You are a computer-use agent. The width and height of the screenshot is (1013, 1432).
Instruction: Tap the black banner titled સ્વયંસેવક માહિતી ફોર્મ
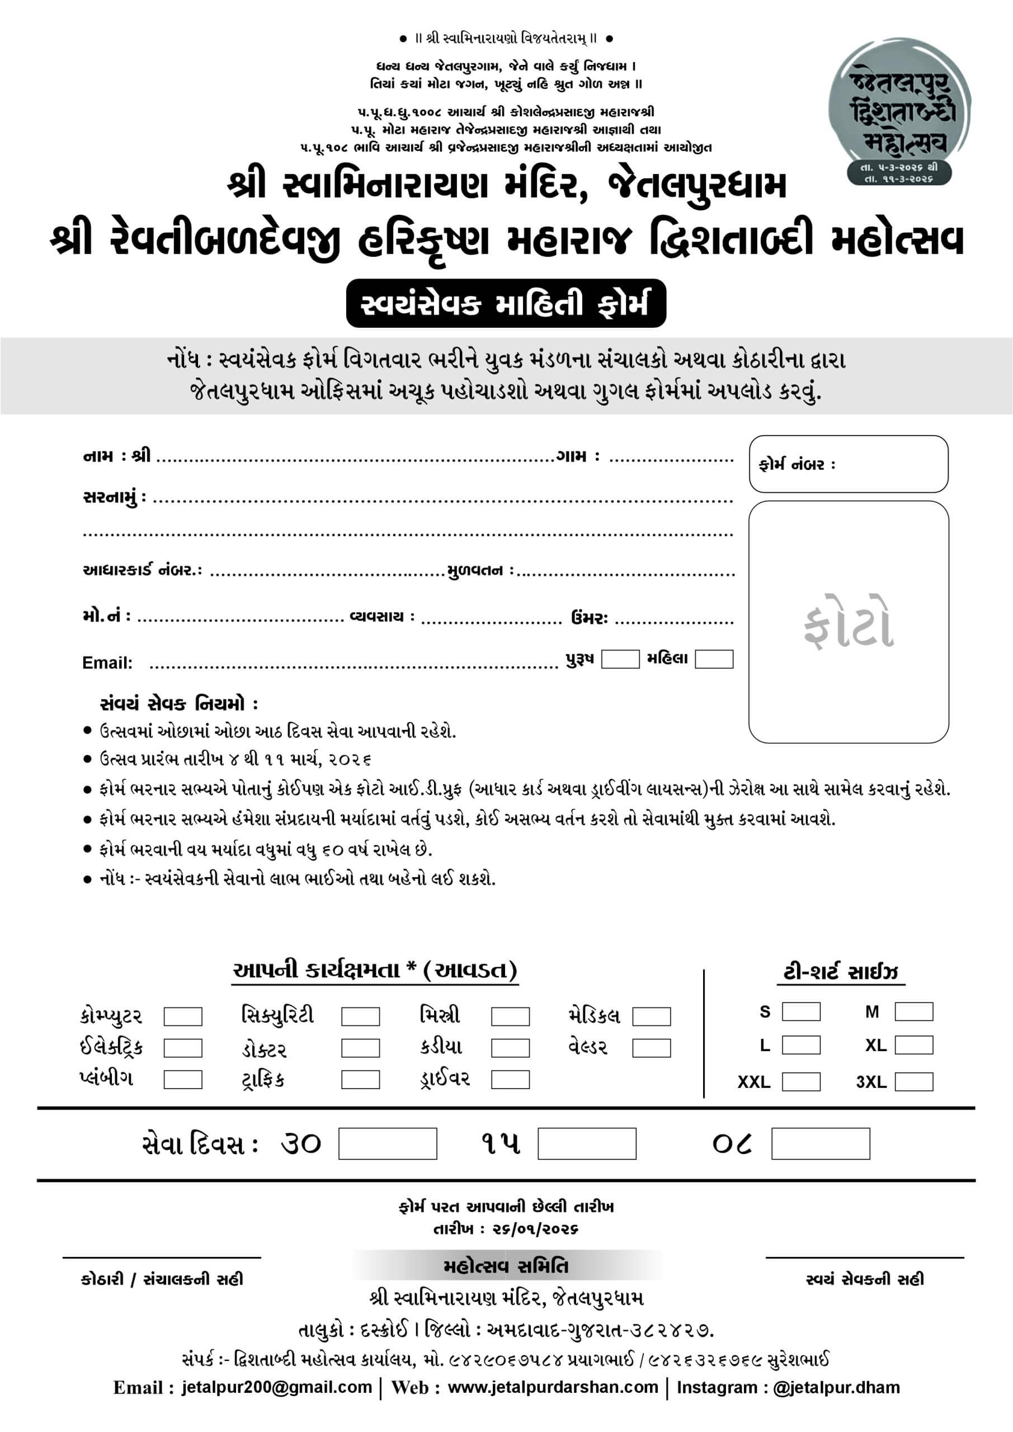tap(506, 304)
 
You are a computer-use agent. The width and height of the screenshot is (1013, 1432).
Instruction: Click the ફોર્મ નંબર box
tap(849, 464)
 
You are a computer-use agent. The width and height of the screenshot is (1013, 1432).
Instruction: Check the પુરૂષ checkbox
tap(620, 660)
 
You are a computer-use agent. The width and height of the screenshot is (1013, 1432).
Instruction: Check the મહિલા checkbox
tap(714, 660)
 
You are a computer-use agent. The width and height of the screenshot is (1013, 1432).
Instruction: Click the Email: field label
tap(107, 663)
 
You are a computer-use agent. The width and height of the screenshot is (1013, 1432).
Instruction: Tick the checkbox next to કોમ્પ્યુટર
tap(183, 1016)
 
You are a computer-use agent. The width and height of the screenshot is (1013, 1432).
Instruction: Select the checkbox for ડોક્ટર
tap(361, 1048)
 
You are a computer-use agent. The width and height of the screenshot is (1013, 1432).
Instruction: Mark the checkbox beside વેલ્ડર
tap(651, 1048)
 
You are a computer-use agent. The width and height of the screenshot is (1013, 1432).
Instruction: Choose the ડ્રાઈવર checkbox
tap(510, 1080)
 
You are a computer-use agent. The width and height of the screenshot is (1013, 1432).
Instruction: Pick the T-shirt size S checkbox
tap(801, 1012)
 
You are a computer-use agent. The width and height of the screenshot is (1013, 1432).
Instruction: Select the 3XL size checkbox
tap(914, 1081)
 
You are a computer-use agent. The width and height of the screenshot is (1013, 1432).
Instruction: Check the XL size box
tap(914, 1045)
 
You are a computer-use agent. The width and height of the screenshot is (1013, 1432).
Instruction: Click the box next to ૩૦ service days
tap(388, 1143)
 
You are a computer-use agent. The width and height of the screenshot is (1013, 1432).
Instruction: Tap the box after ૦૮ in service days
tap(820, 1143)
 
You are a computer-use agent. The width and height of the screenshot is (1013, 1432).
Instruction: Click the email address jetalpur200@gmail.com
tap(277, 1387)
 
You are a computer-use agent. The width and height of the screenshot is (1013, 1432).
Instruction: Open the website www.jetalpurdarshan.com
tap(553, 1387)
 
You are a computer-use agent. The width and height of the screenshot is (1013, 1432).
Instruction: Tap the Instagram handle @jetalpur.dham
tap(836, 1387)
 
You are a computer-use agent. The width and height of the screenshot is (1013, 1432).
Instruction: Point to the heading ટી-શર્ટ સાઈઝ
tap(840, 972)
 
